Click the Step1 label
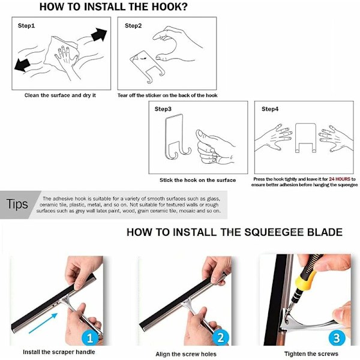[x=26, y=25]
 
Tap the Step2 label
[x=133, y=25]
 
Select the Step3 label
[x=163, y=109]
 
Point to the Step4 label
[x=270, y=109]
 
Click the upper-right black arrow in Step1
[x=99, y=35]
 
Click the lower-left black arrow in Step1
[x=22, y=65]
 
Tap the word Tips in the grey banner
[x=17, y=204]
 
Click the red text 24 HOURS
[x=340, y=179]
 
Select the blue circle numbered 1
[x=90, y=338]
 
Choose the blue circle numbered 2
[x=221, y=338]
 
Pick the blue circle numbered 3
[x=337, y=338]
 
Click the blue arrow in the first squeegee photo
[x=43, y=323]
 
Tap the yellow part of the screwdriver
[x=305, y=280]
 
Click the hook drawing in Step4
[x=305, y=138]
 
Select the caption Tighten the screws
[x=311, y=354]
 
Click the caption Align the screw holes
[x=186, y=354]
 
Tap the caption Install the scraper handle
[x=59, y=352]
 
